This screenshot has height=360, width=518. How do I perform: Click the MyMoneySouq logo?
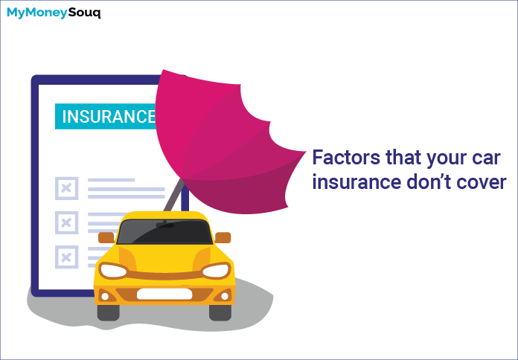(54, 13)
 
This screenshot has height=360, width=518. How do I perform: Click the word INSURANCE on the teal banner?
(109, 116)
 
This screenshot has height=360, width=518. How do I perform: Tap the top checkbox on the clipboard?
(67, 188)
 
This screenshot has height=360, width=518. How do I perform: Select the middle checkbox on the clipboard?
(67, 222)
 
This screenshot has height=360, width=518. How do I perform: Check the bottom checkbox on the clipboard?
(67, 257)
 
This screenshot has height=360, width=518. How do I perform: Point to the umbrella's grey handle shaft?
(173, 195)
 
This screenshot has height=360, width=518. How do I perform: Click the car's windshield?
(164, 232)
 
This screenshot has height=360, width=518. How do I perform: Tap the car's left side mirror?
(106, 237)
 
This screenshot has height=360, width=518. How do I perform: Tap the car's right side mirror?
(223, 237)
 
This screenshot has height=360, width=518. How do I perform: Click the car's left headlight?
(113, 271)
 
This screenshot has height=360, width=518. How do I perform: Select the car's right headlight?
(217, 271)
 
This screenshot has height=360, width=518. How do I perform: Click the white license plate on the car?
(164, 294)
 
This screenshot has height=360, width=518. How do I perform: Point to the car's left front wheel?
(109, 312)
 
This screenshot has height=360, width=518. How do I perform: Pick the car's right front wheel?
(220, 312)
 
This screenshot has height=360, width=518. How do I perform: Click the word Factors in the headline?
(346, 158)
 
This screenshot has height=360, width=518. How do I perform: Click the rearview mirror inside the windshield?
(164, 225)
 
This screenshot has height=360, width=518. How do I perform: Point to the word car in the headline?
(487, 158)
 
